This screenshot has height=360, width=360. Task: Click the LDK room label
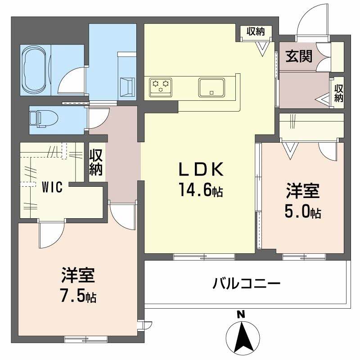(201, 170)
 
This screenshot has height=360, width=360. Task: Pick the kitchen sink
(211, 87)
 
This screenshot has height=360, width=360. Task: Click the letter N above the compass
(241, 315)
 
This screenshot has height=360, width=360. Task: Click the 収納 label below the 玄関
(338, 92)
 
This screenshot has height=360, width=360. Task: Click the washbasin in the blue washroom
(126, 85)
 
